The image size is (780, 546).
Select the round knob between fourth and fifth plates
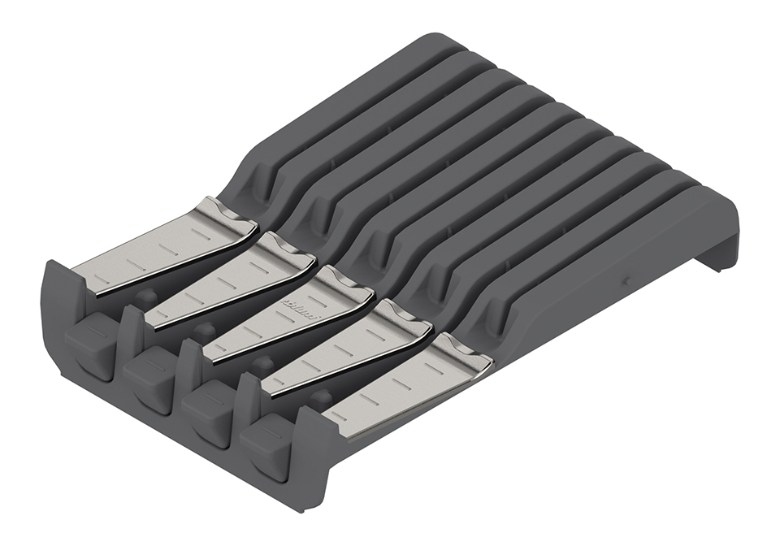(323, 397)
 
